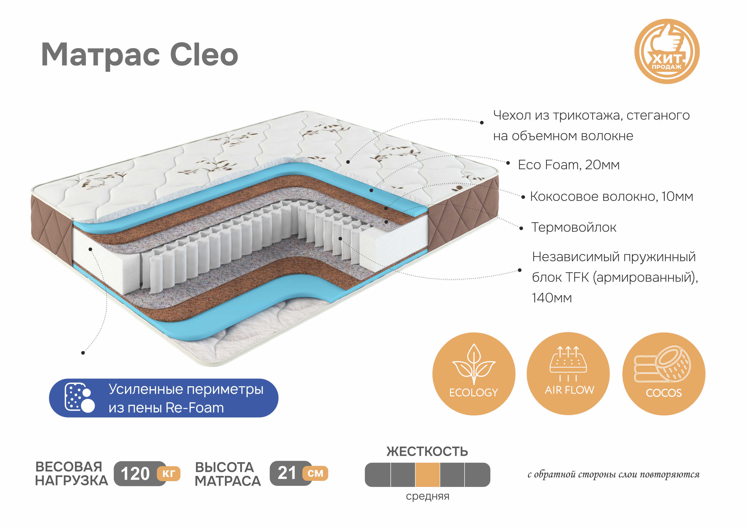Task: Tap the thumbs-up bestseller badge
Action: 667,51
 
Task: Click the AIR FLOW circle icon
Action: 568,373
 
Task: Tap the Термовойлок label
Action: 574,227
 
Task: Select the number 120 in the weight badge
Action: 135,474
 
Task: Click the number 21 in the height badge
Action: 287,473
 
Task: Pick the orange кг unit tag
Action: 168,473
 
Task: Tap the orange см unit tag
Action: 315,473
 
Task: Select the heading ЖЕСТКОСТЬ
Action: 427,452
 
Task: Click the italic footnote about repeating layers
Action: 613,475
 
